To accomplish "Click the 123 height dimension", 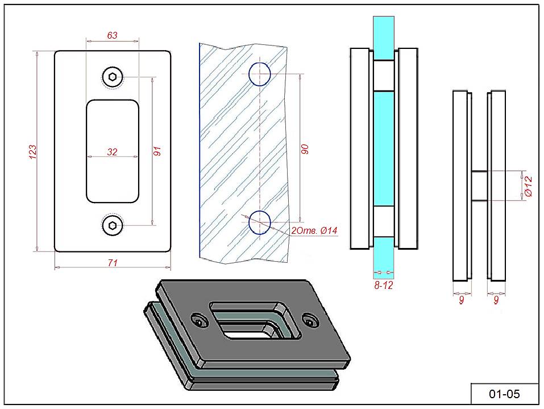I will coord(33,151).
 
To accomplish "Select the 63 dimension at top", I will coord(112,35).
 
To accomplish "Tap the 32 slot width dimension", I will coord(112,152).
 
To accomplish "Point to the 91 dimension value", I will coord(158,151).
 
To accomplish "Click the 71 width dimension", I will coord(113,262).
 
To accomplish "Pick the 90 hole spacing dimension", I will coord(305,149).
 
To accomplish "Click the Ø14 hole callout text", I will coord(314,230).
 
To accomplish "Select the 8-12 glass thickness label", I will coord(384,285).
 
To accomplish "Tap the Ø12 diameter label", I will coord(528,187).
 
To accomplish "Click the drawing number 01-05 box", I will coord(504,394).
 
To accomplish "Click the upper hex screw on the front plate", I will coord(112,77).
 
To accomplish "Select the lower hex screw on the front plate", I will coord(112,225).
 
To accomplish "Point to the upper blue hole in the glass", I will coord(259,74).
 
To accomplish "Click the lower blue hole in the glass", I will coord(260,222).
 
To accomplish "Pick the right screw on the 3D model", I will coord(309,321).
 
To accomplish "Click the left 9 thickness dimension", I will coord(461,300).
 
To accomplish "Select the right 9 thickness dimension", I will coord(496,300).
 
